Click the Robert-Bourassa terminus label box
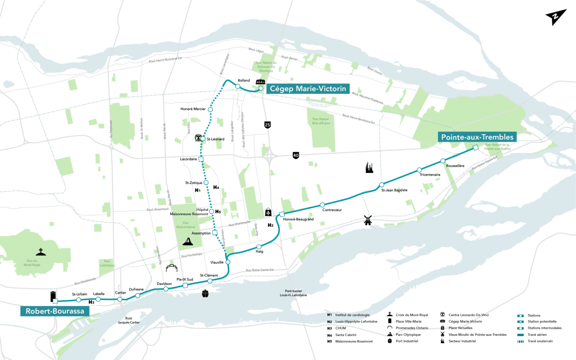pyautogui.click(x=55, y=311)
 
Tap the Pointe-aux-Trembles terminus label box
pyautogui.click(x=478, y=137)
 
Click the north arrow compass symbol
pyautogui.click(x=556, y=17)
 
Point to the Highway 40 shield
pyautogui.click(x=296, y=156)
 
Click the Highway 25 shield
pyautogui.click(x=267, y=125)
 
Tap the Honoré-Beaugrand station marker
pyautogui.click(x=282, y=214)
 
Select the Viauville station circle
pyautogui.click(x=228, y=262)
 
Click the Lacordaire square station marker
pyautogui.click(x=201, y=159)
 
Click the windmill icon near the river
pyautogui.click(x=368, y=220)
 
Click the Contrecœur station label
pyautogui.click(x=332, y=210)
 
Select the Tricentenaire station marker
pyautogui.click(x=419, y=170)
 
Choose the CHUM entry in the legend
pyautogui.click(x=341, y=328)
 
